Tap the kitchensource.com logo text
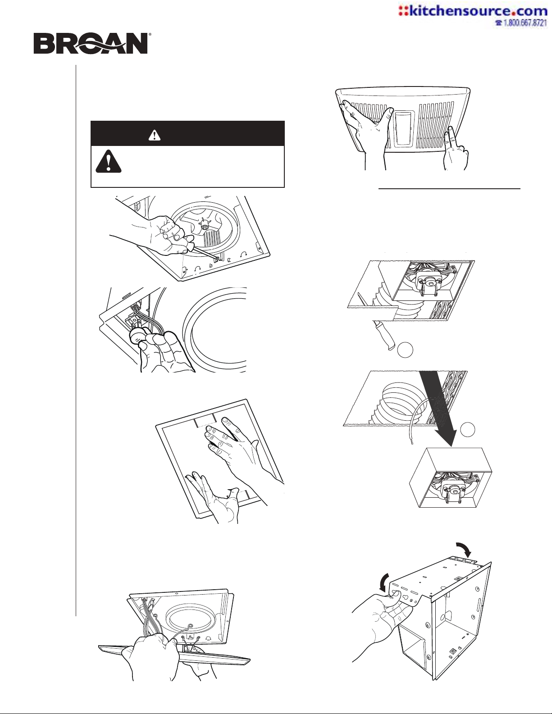473,11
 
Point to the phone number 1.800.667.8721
524,23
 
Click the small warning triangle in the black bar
155,135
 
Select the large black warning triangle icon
109,161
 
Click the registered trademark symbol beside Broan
150,34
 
